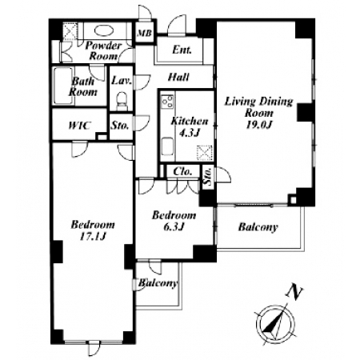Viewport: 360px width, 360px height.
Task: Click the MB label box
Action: coord(145,33)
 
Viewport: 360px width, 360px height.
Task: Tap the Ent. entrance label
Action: coord(182,50)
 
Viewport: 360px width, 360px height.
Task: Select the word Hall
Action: coord(178,77)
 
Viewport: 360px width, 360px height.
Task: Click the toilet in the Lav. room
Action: coord(122,101)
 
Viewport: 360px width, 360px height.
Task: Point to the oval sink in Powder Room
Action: coord(104,30)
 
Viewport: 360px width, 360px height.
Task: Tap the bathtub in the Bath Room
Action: coord(63,86)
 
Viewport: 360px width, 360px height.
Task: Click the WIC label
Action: coord(80,126)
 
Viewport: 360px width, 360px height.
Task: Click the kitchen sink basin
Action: coord(168,146)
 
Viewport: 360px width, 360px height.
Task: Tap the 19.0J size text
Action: coord(258,125)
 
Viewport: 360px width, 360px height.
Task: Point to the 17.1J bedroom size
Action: coord(93,236)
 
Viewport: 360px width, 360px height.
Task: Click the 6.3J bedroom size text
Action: coord(174,226)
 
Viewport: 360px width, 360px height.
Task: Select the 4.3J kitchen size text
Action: coord(189,133)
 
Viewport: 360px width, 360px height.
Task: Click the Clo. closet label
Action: coord(182,171)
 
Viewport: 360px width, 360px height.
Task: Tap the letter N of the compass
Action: coord(294,292)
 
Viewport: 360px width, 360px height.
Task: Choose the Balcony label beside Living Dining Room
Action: coord(258,227)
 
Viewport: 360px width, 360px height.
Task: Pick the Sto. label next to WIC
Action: coord(120,126)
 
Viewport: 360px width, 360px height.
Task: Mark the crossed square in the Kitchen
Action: coord(204,154)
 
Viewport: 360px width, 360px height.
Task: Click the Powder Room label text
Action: coord(103,50)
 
